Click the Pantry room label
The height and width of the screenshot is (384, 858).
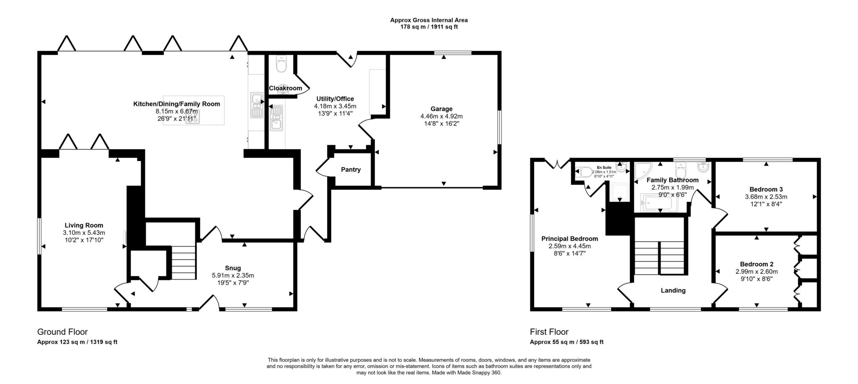tap(351, 170)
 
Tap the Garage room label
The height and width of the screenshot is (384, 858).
tap(441, 109)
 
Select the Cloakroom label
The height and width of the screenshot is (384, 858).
tap(285, 88)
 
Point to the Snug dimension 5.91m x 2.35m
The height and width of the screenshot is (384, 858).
tap(233, 275)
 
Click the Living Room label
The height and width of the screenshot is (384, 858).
tap(84, 225)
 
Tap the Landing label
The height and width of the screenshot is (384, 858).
tap(673, 290)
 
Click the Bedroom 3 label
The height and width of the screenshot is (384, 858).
tap(766, 189)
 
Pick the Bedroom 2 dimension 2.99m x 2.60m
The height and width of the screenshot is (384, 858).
tap(756, 271)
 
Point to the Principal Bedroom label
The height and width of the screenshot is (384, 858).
tap(569, 239)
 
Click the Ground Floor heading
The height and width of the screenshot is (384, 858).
tap(62, 332)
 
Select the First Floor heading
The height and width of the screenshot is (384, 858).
tap(549, 332)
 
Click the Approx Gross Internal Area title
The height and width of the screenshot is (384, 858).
tap(429, 20)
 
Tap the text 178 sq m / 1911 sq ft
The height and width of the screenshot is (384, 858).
tap(429, 27)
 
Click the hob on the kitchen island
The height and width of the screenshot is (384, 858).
tap(193, 117)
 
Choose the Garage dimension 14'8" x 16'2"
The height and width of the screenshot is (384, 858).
tap(441, 124)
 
